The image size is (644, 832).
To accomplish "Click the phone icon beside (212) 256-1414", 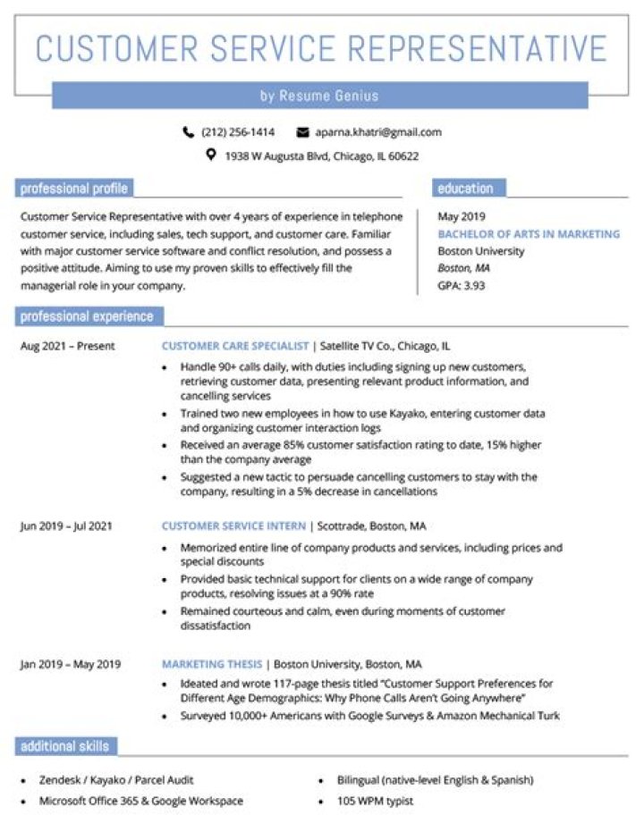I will point(188,132).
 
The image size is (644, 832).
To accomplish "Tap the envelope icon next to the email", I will point(302,132).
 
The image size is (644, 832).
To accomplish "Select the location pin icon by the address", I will point(211,155).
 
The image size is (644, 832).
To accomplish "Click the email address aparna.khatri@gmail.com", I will point(377,132).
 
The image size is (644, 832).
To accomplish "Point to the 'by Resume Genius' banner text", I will point(319,96).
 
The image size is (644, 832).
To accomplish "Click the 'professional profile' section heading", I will point(74,189).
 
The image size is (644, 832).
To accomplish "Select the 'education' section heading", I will point(465,189).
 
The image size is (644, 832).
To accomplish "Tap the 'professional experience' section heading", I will point(87,316).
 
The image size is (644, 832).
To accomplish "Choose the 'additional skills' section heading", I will point(64,746).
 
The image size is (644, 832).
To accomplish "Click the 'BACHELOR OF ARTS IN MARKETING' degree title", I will point(529,234).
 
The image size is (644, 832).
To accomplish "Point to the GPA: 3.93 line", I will point(462,286).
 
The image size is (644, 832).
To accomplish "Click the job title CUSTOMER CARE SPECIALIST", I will point(235,346).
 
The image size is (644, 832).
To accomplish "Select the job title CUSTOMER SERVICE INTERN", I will point(233,525).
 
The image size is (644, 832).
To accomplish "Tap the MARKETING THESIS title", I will point(212,665).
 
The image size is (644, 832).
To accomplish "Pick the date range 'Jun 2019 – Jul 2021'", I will point(66,525).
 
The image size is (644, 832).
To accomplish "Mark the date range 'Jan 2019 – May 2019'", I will point(70,665).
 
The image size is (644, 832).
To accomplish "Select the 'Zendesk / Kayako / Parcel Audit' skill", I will point(116,780).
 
